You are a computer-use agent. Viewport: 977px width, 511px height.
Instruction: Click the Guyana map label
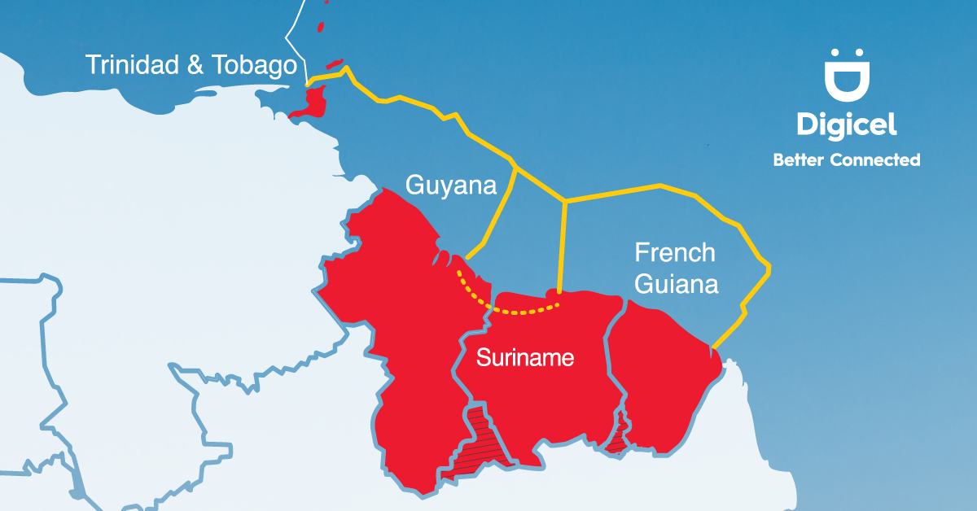click(x=450, y=186)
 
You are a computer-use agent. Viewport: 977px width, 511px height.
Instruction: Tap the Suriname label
click(x=525, y=357)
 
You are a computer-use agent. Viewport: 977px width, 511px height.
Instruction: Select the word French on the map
click(x=675, y=253)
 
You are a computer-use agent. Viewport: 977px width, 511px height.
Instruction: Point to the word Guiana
click(x=677, y=286)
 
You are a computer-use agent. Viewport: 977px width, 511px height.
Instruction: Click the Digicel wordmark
click(x=847, y=124)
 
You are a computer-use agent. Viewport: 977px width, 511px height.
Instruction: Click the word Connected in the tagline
click(x=875, y=160)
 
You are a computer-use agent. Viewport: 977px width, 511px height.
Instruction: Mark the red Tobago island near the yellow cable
click(x=334, y=63)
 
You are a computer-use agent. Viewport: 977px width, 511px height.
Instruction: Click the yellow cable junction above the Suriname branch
click(x=564, y=200)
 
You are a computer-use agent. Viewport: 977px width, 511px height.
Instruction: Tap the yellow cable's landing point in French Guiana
click(x=713, y=348)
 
